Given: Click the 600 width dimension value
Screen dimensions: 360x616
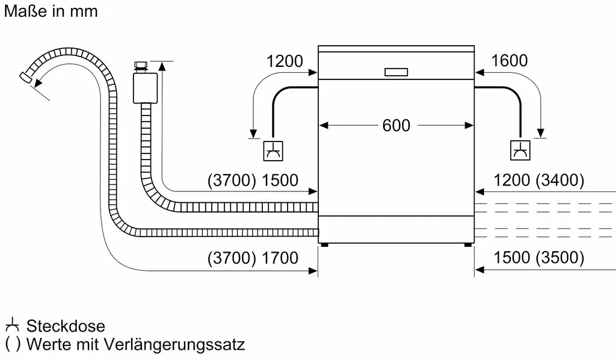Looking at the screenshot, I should [396, 125].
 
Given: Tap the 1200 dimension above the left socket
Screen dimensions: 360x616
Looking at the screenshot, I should [285, 61].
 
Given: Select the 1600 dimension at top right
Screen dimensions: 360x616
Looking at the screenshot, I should [509, 61].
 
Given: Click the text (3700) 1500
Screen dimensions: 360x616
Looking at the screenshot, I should [252, 180].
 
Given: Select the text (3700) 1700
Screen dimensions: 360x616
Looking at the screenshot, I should [252, 258].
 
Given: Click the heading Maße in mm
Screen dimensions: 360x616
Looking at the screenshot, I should [51, 11].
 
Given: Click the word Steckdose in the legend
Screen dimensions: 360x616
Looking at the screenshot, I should [66, 326].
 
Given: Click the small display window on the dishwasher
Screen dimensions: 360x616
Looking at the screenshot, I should [396, 72].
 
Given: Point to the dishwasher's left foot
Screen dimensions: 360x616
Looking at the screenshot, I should [325, 245].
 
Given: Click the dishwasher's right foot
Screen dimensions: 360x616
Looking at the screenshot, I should [467, 245].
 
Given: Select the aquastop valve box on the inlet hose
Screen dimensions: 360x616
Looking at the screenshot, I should [145, 87].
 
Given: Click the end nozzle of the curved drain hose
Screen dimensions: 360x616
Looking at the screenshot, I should [26, 76].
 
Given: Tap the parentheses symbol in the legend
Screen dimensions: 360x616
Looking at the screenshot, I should [12, 345].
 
